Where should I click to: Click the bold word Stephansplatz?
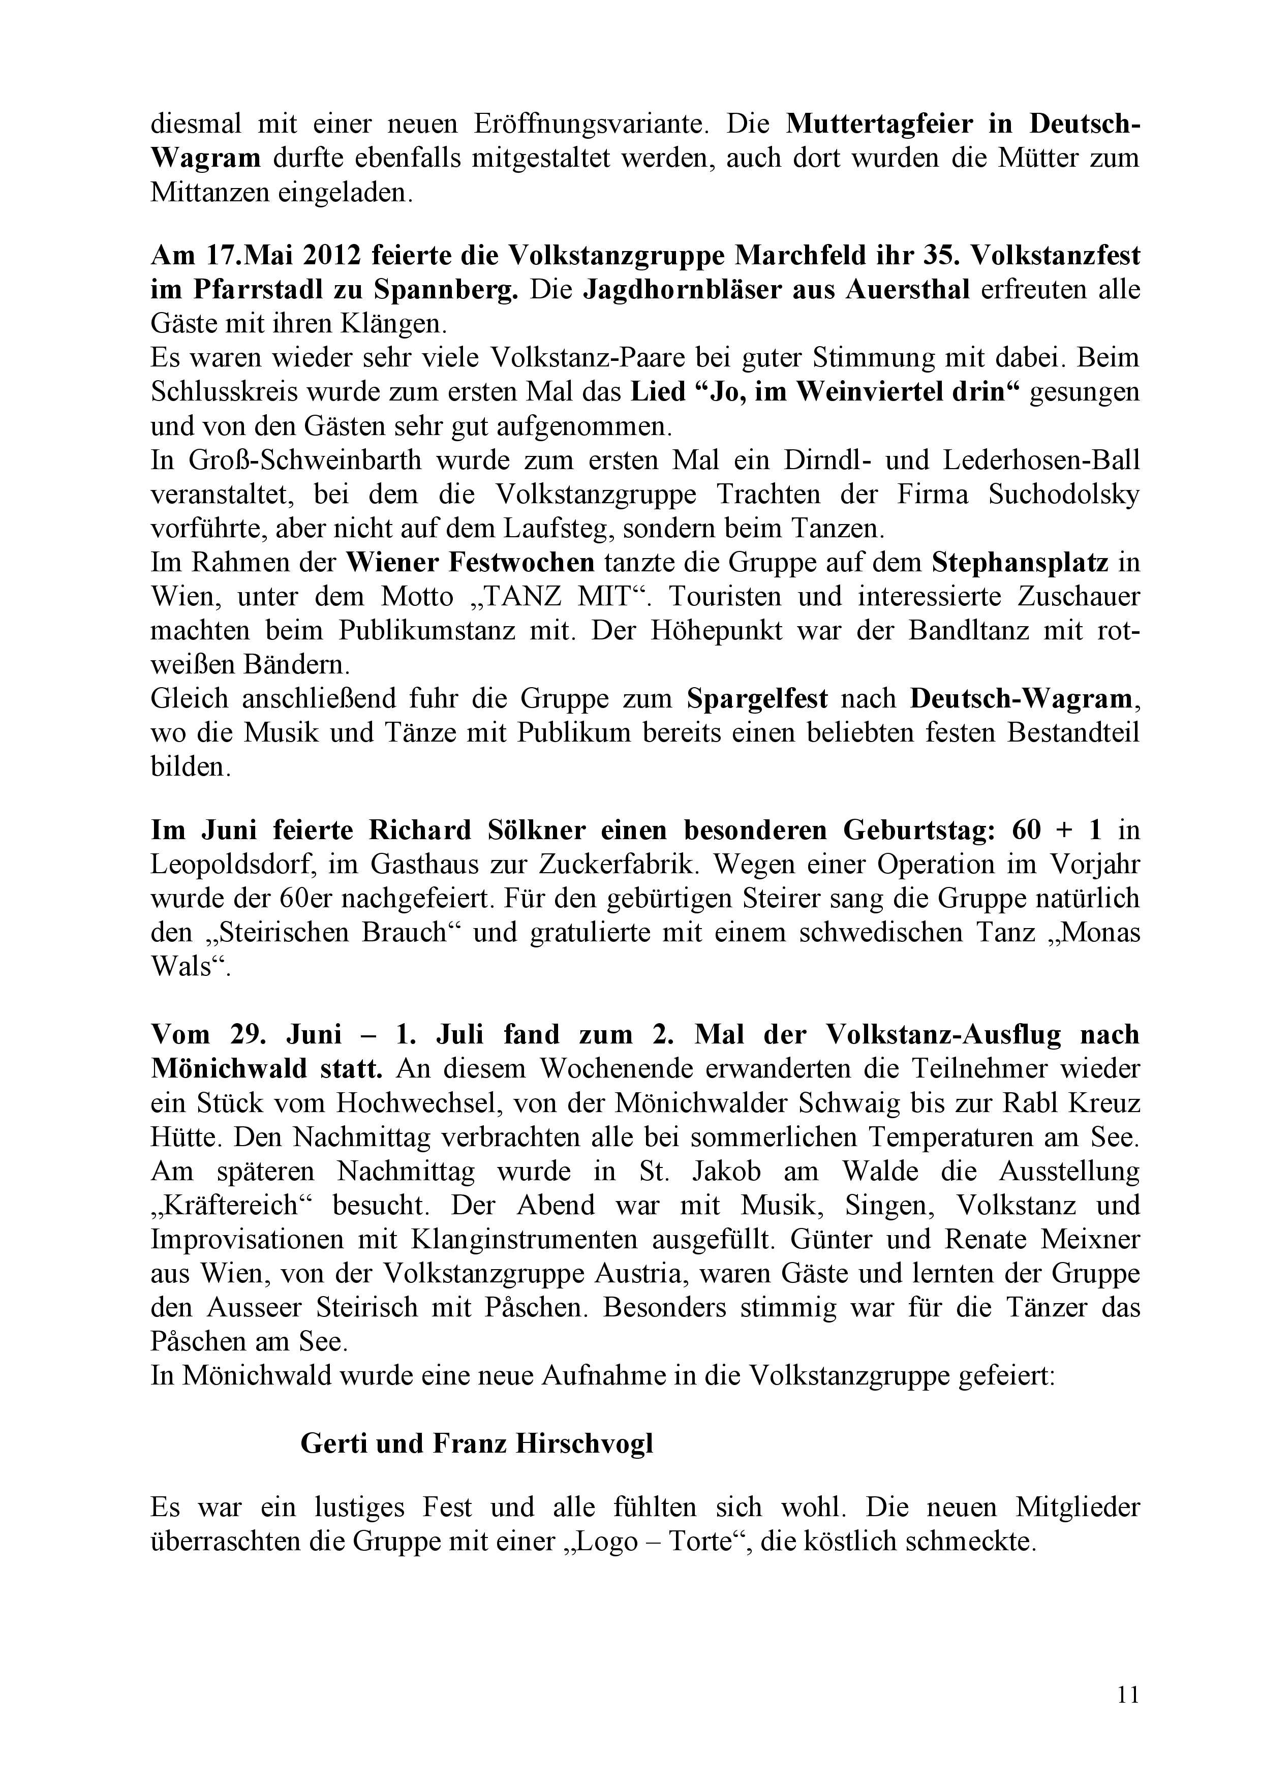tap(1020, 562)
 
